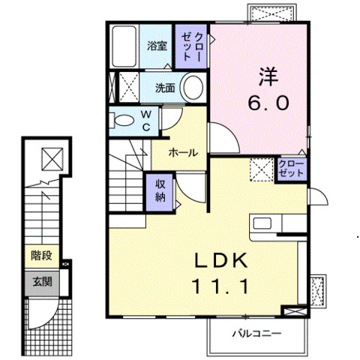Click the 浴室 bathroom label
click(157, 46)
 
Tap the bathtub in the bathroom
click(124, 46)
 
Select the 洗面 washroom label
click(165, 88)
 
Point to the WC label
click(146, 121)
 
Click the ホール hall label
click(183, 152)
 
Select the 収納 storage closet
click(160, 191)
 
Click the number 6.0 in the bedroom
click(268, 103)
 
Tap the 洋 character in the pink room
click(268, 76)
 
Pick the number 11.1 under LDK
click(220, 286)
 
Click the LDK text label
click(221, 260)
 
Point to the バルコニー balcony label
click(257, 334)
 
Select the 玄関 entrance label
click(42, 282)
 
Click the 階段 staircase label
click(41, 256)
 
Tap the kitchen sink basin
click(262, 223)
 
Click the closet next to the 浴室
click(191, 46)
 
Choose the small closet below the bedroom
click(291, 169)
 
